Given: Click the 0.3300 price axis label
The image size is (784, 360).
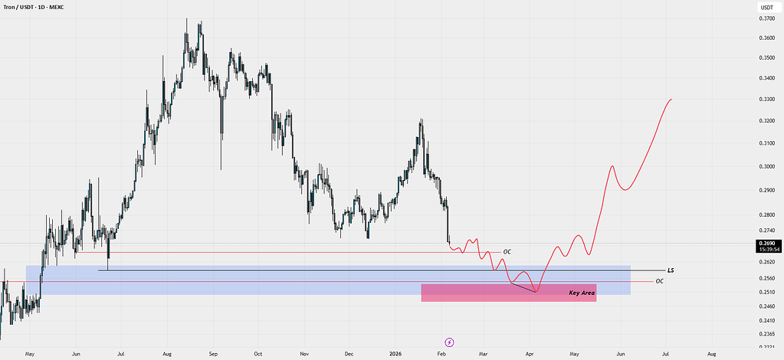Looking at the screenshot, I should (x=766, y=100).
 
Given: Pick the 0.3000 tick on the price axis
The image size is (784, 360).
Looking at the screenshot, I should (x=766, y=166).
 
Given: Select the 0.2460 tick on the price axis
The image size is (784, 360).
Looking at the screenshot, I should (x=766, y=306).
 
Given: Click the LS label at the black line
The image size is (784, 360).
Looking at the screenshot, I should (x=671, y=270).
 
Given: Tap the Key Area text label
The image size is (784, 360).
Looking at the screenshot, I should (x=582, y=293).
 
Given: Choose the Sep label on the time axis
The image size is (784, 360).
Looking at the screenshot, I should (x=213, y=354).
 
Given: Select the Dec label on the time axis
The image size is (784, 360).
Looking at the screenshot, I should (x=349, y=354).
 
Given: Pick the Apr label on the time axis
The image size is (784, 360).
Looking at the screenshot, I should (x=530, y=354).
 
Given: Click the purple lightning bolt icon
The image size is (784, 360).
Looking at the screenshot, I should (x=449, y=341).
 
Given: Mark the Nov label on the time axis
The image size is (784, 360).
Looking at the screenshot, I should (x=304, y=354).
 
